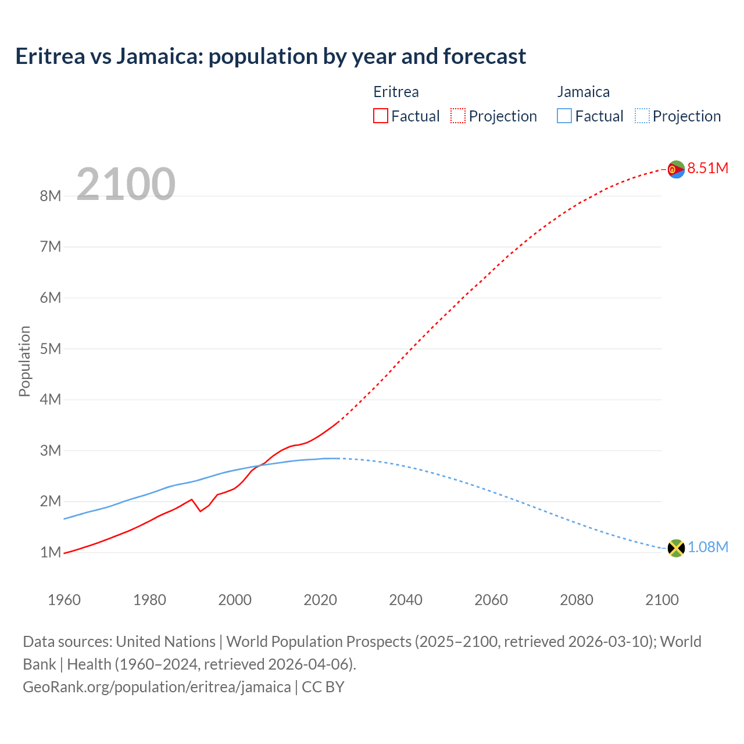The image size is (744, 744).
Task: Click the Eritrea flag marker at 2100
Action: pos(676,169)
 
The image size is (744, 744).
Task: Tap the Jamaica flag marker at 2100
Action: pos(676,548)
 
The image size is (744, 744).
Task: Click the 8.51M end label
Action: pos(707,169)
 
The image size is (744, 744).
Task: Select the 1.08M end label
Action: pos(707,548)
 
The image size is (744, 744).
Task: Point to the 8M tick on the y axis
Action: pos(51,196)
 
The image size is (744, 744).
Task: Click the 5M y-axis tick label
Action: pos(51,349)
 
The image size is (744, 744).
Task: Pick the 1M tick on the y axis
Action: pos(51,552)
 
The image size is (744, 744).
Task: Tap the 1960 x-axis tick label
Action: pos(64,600)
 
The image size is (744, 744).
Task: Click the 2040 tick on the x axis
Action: pos(406,600)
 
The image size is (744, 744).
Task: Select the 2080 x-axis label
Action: pos(577,600)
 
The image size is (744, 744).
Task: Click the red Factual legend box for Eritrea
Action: pos(381,116)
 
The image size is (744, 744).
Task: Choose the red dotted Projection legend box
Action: pos(458,116)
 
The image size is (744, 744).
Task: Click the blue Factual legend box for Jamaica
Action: pos(564,116)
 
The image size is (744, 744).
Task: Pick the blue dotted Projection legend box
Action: pos(642,116)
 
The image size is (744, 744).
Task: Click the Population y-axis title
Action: pos(24,361)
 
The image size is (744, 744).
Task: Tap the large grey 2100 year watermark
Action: pos(126,184)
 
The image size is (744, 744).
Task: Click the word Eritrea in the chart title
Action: pos(50,56)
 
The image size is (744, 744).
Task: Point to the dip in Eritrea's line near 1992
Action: pos(201,511)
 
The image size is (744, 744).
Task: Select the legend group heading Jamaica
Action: pos(584,92)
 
